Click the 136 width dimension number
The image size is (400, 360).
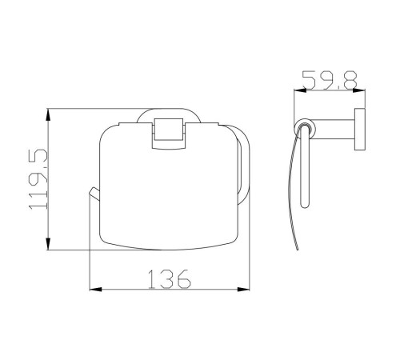coord(170,279)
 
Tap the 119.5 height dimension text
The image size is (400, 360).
coord(38,179)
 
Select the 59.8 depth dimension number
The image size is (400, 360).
coord(330,80)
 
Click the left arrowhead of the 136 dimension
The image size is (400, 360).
coord(95,289)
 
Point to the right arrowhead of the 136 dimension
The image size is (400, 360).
coord(244,289)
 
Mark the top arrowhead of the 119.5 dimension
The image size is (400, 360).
coord(48,115)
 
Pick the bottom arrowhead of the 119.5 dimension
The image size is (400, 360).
coord(48,243)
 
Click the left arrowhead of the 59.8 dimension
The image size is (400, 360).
coord(300,90)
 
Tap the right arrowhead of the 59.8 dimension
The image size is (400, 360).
coord(358,90)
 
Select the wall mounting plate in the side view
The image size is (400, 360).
coord(360,130)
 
